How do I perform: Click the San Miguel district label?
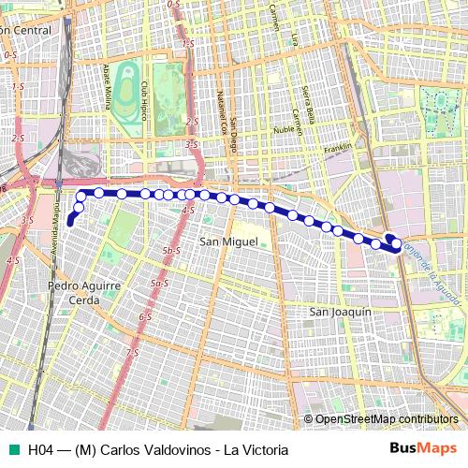coord(226,242)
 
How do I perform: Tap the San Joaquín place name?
coord(342,312)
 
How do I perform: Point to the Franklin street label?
coord(336,148)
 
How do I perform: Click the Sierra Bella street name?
coord(308,98)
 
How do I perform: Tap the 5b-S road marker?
coord(170,251)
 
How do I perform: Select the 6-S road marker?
coord(145,317)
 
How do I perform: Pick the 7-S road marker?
coord(133,353)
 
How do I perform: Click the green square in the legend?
coord(11,449)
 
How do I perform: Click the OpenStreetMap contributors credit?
coord(386,419)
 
